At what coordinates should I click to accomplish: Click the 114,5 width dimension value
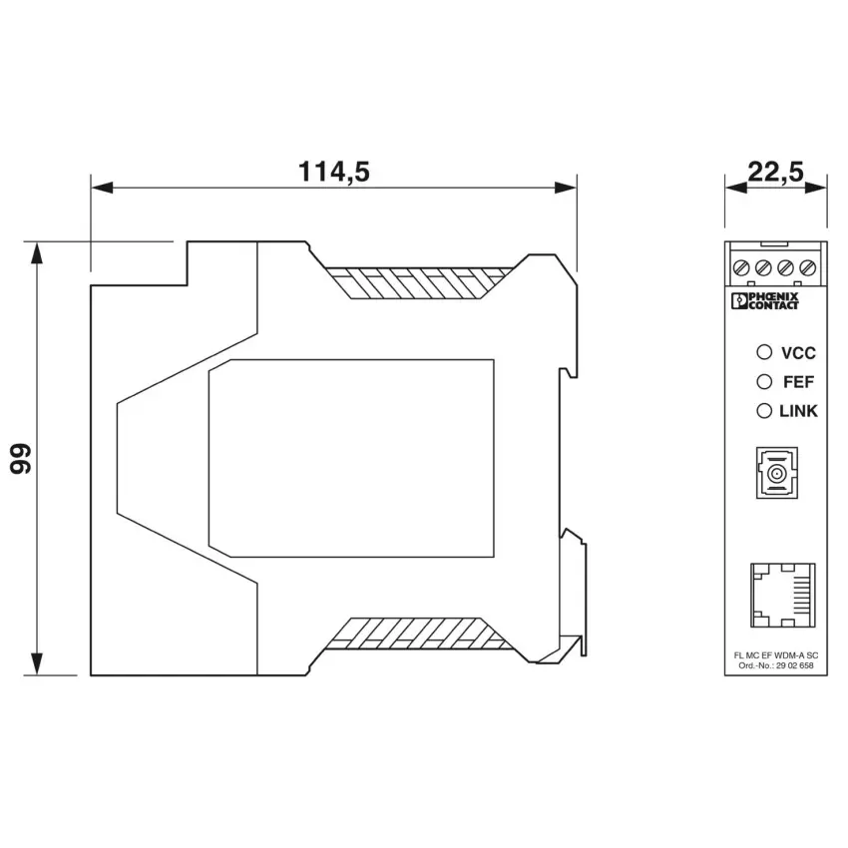click(333, 172)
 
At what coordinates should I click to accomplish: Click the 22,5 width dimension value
click(775, 172)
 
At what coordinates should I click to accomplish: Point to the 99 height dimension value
click(21, 459)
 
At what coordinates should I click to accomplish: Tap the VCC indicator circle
click(763, 352)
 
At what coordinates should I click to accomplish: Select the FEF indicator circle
click(763, 382)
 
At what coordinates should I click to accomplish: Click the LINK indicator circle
click(763, 411)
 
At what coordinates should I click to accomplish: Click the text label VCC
click(798, 353)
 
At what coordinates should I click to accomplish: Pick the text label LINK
click(798, 412)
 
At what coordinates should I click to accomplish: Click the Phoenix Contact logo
click(764, 301)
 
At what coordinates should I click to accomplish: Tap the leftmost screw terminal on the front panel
click(740, 267)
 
